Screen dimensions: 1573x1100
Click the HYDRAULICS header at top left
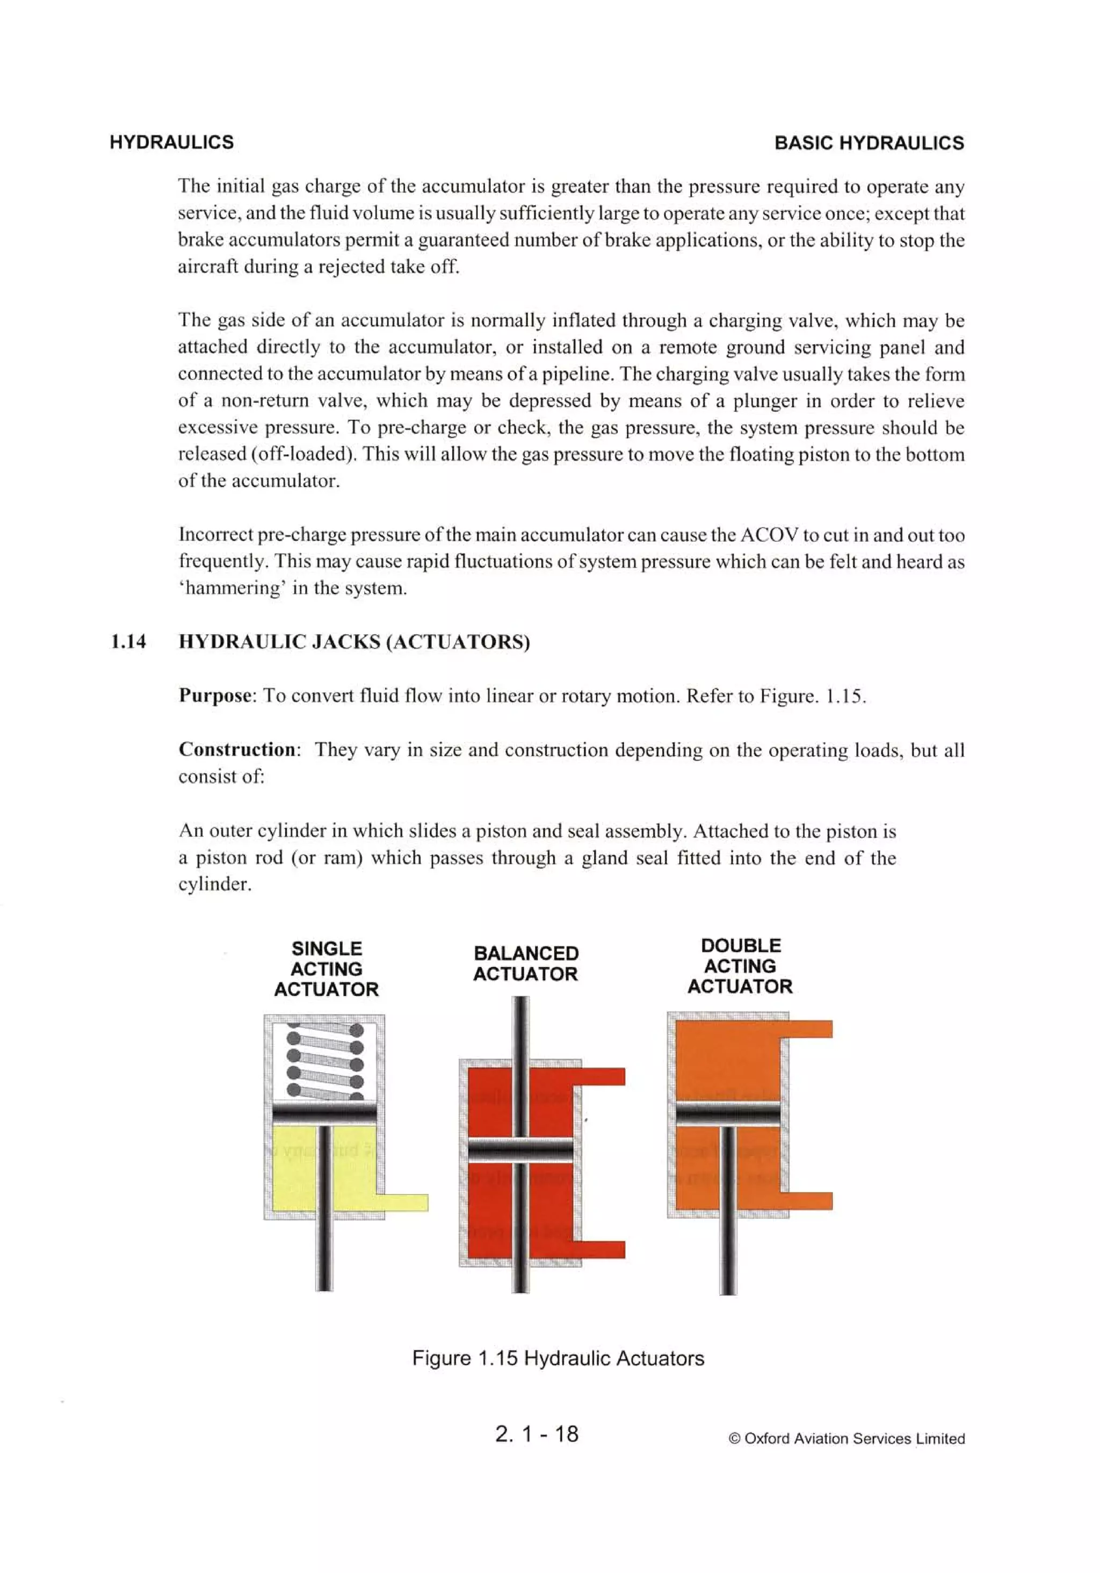[171, 142]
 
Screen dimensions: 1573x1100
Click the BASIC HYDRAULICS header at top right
[869, 142]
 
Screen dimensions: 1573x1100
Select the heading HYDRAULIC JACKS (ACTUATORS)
[354, 642]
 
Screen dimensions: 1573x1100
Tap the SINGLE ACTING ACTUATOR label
[326, 969]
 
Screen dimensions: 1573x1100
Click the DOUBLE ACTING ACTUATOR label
[740, 966]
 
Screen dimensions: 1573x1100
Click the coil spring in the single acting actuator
[324, 1060]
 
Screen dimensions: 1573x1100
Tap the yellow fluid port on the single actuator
[404, 1202]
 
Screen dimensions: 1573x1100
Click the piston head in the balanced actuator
[520, 1150]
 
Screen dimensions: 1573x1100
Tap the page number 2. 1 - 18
[536, 1433]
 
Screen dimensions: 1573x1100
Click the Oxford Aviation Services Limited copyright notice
[846, 1438]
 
